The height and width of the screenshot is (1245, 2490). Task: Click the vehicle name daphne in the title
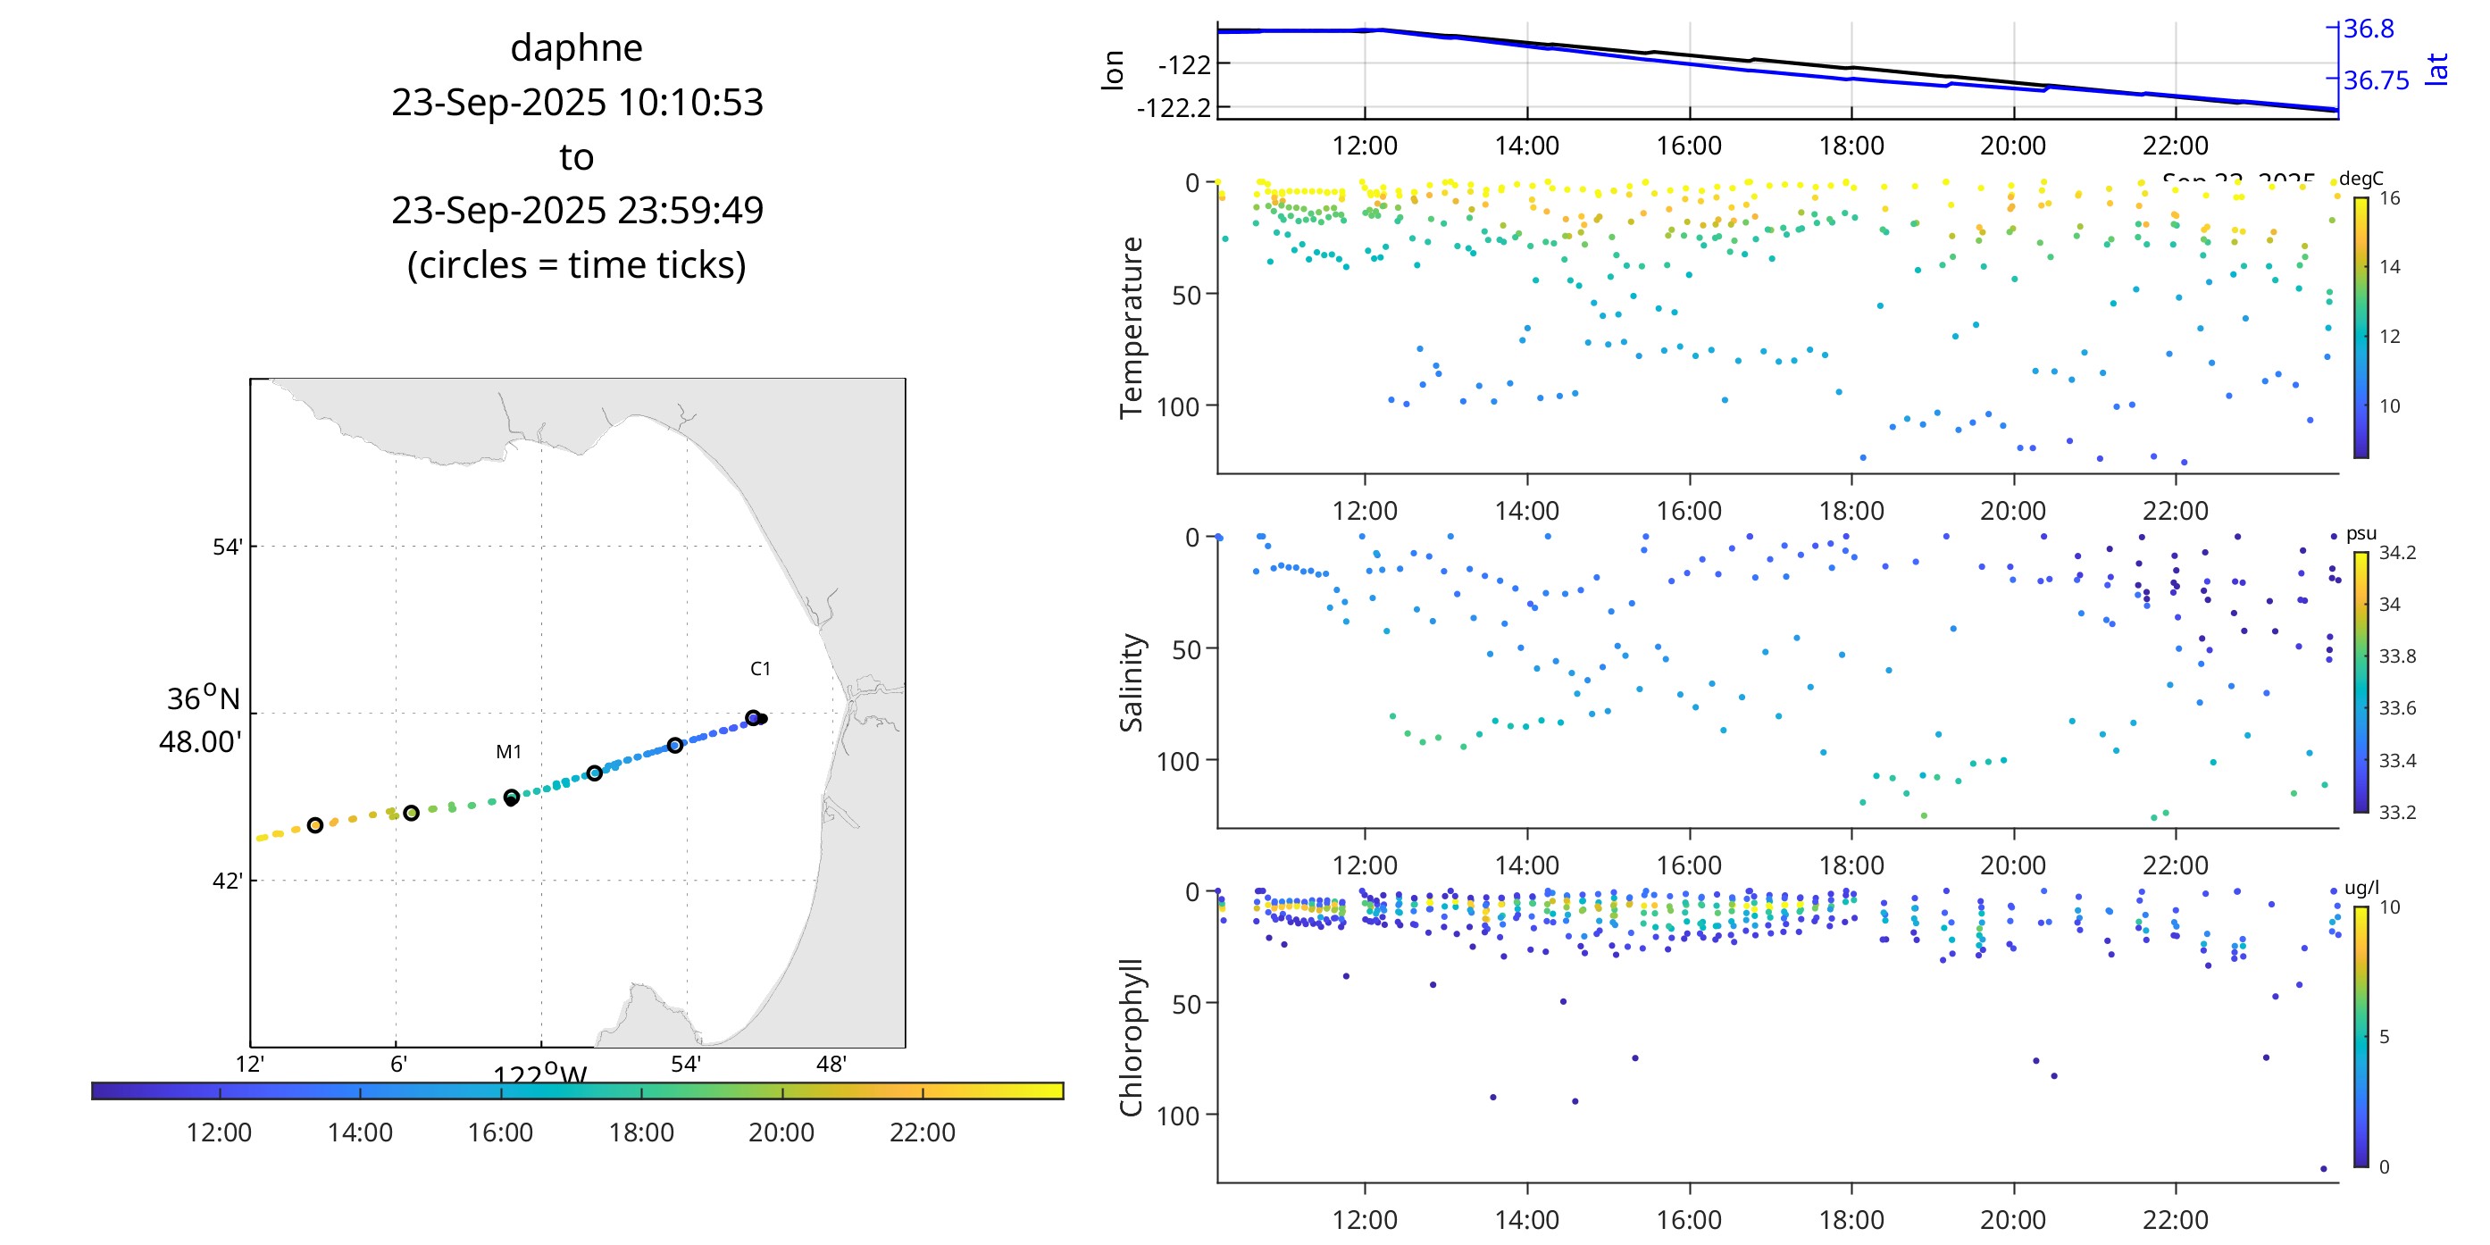tap(576, 48)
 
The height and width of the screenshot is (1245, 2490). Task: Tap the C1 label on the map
tap(760, 669)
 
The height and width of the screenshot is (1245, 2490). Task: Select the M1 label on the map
tap(508, 752)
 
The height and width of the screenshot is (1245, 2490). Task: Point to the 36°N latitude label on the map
tap(203, 698)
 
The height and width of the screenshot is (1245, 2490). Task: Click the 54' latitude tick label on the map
tap(227, 547)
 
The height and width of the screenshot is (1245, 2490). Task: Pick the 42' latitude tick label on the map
tap(227, 881)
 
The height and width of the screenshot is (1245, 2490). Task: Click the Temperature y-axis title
tap(1131, 327)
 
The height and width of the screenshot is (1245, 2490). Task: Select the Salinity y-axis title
tap(1131, 681)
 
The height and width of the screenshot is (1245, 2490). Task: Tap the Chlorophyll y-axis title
tap(1131, 1036)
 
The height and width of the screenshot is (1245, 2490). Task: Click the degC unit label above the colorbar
tap(2360, 179)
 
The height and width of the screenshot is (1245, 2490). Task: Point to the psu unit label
tap(2360, 533)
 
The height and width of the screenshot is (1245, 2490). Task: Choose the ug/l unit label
tap(2361, 888)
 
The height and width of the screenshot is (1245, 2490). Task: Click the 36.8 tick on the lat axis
tap(2369, 29)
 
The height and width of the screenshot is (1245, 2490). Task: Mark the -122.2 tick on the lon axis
tap(1174, 107)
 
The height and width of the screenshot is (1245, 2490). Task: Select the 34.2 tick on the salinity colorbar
tap(2397, 553)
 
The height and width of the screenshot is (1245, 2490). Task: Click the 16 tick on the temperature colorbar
tap(2389, 198)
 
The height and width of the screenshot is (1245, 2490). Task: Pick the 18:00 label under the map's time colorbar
tap(641, 1132)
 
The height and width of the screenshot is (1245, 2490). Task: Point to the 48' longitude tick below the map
tap(831, 1065)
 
